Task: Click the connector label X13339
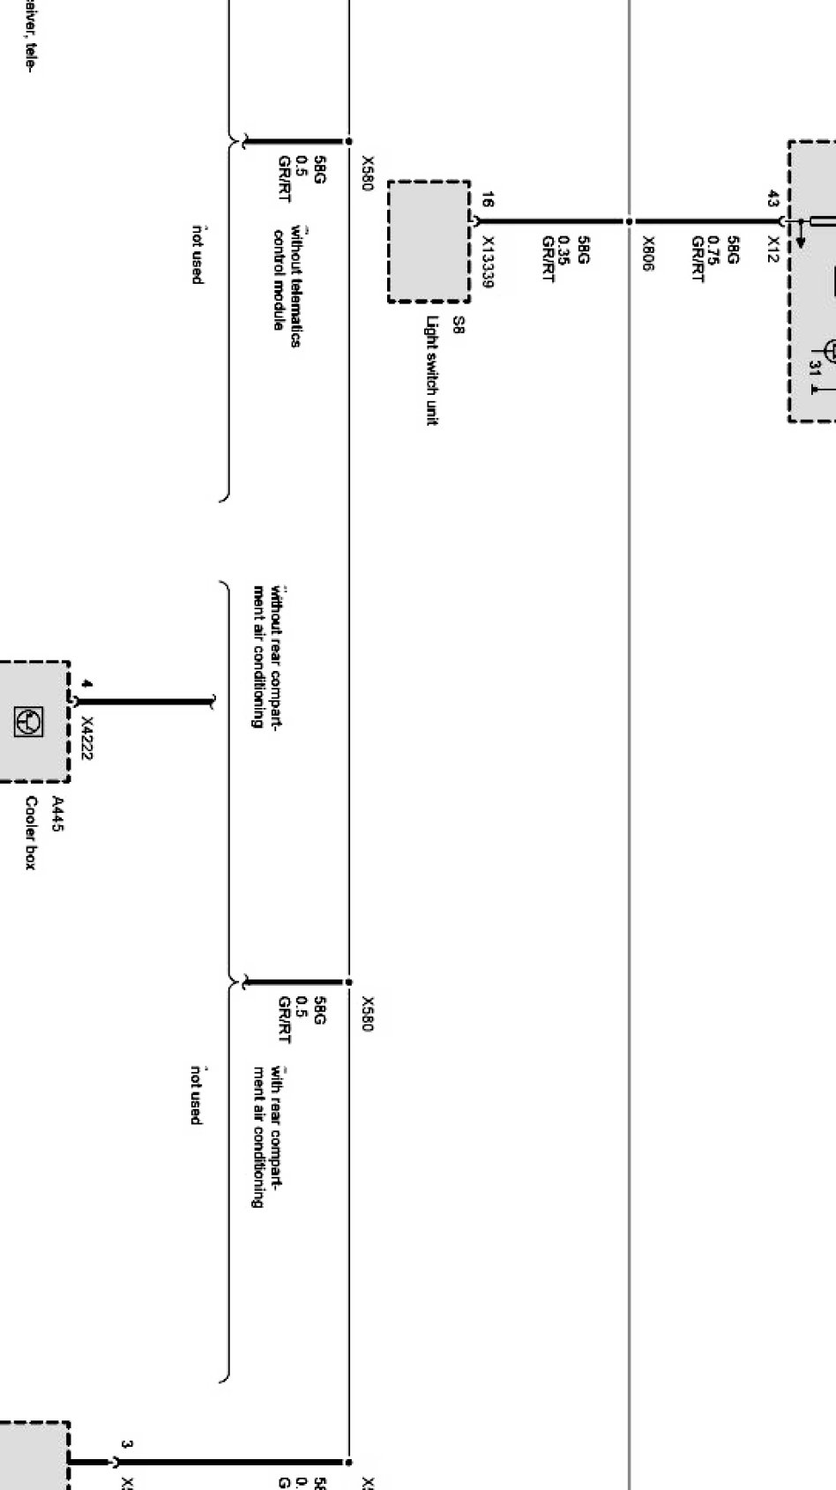tap(489, 262)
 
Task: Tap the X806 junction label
tap(649, 254)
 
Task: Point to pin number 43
tap(773, 198)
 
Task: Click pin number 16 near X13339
tap(488, 201)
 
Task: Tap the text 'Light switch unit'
tap(432, 371)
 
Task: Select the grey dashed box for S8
tap(429, 241)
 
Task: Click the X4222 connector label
tap(87, 737)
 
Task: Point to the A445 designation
tap(57, 814)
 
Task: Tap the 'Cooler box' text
tap(31, 833)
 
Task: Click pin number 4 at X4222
tap(86, 683)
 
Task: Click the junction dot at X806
tap(630, 220)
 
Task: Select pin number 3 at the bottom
tap(127, 1445)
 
